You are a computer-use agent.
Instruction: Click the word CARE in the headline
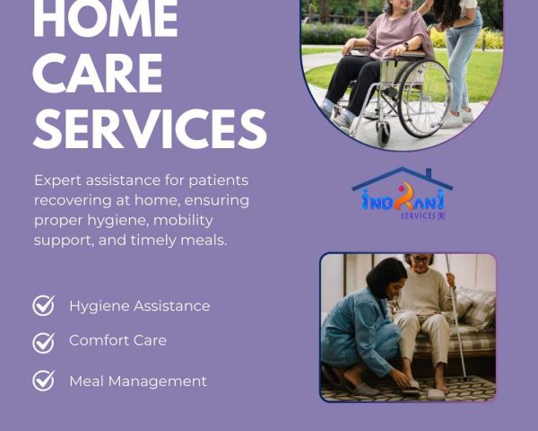pyautogui.click(x=98, y=74)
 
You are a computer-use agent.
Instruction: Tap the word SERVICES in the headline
pyautogui.click(x=150, y=128)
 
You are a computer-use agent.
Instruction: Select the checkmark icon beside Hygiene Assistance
pyautogui.click(x=44, y=305)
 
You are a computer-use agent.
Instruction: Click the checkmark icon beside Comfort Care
pyautogui.click(x=44, y=343)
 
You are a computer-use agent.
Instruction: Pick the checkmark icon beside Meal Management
pyautogui.click(x=44, y=381)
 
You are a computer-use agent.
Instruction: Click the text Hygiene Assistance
pyautogui.click(x=140, y=306)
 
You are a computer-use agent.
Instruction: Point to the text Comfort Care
pyautogui.click(x=117, y=340)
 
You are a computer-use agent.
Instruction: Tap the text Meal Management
pyautogui.click(x=138, y=381)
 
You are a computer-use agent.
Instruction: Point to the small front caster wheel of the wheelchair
pyautogui.click(x=383, y=134)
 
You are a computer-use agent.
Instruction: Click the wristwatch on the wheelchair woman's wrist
pyautogui.click(x=405, y=46)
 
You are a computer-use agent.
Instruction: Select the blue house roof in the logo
pyautogui.click(x=403, y=178)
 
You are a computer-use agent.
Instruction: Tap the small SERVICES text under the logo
pyautogui.click(x=422, y=215)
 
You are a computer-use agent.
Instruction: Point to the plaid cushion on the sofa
pyautogui.click(x=476, y=309)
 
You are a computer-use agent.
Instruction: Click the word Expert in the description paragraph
pyautogui.click(x=57, y=180)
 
